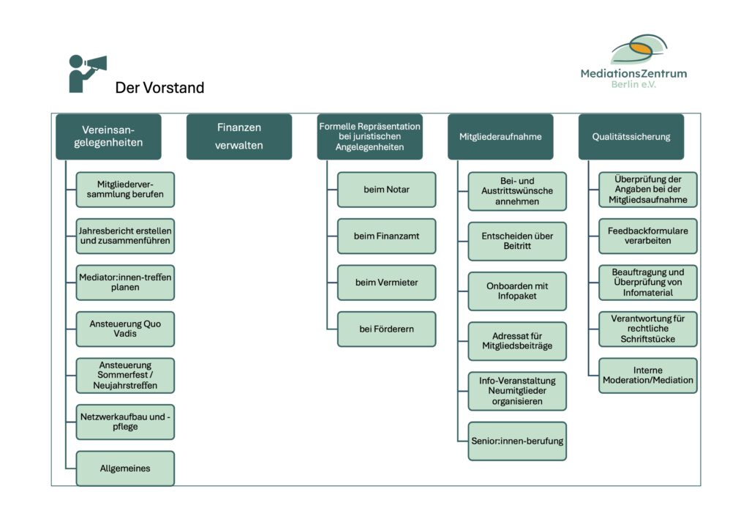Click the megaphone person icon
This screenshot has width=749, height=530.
coord(86,73)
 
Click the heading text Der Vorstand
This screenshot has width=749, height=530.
coord(159,89)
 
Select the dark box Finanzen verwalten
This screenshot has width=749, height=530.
coord(239,136)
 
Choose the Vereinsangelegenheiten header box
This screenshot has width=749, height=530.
coord(108,136)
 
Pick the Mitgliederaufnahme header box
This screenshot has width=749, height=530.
coord(500,136)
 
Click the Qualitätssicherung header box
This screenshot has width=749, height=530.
coord(631,136)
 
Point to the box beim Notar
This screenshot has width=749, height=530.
coord(386,190)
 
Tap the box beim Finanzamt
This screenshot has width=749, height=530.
coord(386,236)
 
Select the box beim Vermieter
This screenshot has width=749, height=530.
coord(386,283)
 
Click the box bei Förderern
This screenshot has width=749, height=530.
coord(386,329)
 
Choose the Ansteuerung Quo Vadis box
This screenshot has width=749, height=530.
coord(125,329)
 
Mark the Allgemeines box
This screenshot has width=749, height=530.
coord(125,468)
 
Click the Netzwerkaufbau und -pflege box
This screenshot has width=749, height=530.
coord(125,422)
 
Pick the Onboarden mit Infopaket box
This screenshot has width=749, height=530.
coord(517,291)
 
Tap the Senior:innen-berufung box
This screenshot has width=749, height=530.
coord(517,441)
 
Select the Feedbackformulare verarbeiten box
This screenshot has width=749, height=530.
coord(648,236)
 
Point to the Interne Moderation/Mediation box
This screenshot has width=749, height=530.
coord(648,375)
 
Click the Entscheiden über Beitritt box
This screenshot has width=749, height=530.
coord(517,241)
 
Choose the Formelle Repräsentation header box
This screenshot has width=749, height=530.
coord(370,136)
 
